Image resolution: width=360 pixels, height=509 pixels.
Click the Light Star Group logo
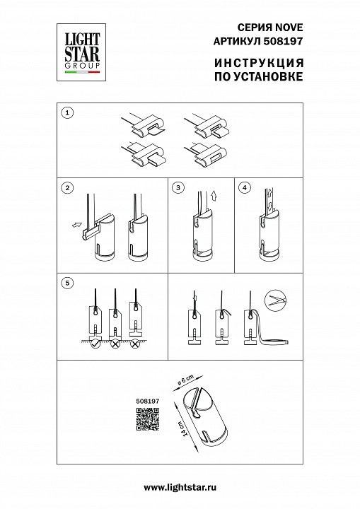81,52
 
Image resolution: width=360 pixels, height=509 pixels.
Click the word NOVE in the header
289,28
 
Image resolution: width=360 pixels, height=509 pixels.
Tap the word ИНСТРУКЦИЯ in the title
259,63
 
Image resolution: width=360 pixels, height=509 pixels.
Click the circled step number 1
67,113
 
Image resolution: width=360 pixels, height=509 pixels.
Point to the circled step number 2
67,187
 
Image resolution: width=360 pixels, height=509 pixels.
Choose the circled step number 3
178,187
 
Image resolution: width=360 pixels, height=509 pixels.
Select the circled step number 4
245,187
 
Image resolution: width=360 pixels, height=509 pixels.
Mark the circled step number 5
67,283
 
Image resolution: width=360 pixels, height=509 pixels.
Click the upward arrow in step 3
213,196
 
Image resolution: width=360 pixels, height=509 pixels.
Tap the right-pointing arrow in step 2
76,224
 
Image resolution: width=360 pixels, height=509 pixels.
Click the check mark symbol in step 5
95,344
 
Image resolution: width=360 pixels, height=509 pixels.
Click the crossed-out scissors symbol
275,300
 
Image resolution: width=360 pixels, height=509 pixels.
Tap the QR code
148,419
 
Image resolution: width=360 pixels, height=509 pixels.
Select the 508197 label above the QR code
148,402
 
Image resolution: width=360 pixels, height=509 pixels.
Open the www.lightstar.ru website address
180,487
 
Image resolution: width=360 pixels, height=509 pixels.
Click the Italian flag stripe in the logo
82,72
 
